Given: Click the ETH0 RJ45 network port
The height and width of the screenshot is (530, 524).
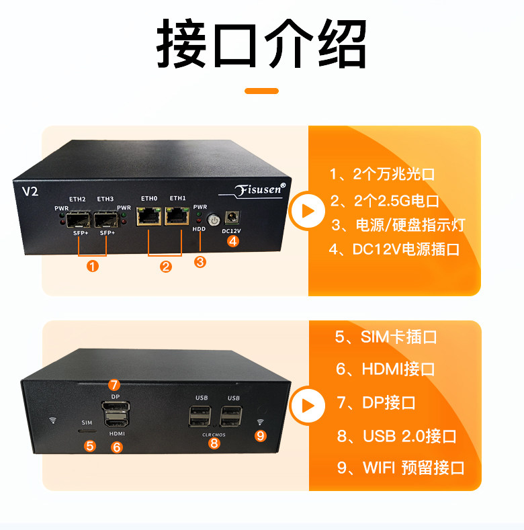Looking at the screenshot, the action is pos(148,216).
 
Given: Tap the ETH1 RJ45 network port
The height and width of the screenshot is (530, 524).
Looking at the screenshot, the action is pos(177,216).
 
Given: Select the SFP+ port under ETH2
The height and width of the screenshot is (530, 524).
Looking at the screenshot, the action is pos(79,220).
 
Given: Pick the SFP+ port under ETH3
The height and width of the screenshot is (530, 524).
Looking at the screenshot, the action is pos(106,220).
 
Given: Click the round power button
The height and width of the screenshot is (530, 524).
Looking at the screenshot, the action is pos(214,220).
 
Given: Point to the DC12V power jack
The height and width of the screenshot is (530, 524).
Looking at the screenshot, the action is pos(232,217).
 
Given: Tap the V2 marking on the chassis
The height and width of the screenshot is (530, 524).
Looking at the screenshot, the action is pos(30,191).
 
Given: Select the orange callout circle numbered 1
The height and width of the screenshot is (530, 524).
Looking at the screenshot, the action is pos(93,267).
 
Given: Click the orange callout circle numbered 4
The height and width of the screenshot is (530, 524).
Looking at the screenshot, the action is pos(233,241).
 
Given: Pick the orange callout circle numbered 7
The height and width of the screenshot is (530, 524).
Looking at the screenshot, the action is pos(114,385).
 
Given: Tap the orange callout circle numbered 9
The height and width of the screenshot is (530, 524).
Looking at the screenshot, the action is pos(260,436).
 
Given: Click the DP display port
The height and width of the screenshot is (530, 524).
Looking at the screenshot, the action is pos(116,406).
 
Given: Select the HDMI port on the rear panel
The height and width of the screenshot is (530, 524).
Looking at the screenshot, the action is pos(116,421).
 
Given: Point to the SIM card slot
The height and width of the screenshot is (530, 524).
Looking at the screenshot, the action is pos(87,431).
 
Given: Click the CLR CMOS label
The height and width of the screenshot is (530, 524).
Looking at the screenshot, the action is pos(214,435).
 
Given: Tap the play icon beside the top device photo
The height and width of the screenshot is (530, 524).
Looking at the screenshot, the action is pos(307,211).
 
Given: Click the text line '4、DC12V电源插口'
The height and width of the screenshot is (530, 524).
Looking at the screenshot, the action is pos(394,249).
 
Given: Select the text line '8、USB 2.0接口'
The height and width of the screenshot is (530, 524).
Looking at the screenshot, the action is pos(396,436).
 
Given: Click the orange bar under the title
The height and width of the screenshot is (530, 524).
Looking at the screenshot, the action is pos(261,91).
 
